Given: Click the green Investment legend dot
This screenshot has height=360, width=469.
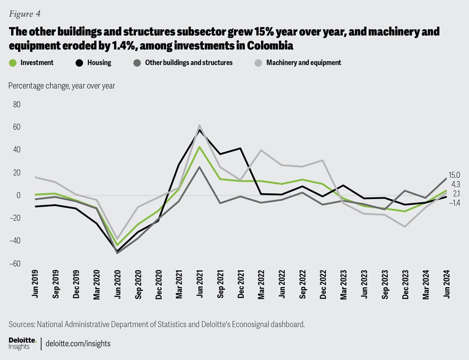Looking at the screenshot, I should (x=13, y=63).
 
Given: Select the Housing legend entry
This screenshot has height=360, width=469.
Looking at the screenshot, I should (x=99, y=63).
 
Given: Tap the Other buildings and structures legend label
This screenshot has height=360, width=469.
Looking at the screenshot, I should (x=189, y=63).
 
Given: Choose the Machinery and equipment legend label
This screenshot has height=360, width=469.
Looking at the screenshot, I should (x=303, y=63).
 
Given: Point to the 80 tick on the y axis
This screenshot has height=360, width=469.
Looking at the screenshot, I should (x=17, y=105).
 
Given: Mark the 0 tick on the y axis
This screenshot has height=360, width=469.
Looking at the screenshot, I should (x=18, y=195).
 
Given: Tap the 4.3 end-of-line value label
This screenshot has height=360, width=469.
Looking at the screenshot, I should (x=455, y=184).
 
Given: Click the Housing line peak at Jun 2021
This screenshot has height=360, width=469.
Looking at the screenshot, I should (x=199, y=130).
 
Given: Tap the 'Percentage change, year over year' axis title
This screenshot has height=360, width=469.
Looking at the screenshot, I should (x=62, y=86).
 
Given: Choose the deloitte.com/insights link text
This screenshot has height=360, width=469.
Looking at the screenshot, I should (x=78, y=343).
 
